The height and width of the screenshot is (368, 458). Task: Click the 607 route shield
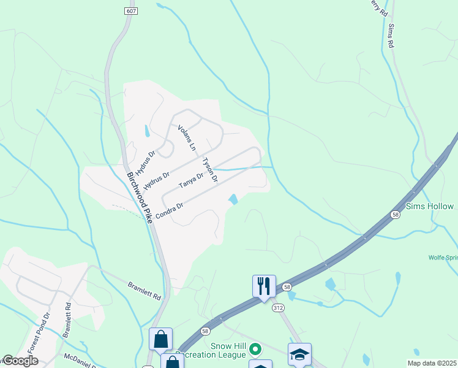click(x=130, y=12)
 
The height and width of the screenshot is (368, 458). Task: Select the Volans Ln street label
click(x=187, y=138)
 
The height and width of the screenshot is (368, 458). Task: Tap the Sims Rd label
click(x=389, y=36)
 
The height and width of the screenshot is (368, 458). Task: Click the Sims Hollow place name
click(x=431, y=207)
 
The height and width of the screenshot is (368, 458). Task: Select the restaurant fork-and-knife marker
click(x=264, y=286)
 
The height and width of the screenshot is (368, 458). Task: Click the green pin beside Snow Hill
click(x=257, y=350)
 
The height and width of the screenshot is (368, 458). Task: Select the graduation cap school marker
click(x=299, y=355)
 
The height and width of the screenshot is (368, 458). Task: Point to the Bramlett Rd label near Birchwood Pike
click(x=145, y=291)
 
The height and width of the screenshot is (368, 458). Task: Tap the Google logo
click(x=20, y=361)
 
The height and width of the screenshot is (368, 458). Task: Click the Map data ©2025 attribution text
click(x=432, y=363)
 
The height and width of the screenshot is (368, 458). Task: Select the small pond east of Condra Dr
click(x=233, y=199)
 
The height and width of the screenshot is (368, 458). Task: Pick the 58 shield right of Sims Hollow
click(x=396, y=214)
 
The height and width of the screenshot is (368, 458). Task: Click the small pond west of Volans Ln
click(x=146, y=131)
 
